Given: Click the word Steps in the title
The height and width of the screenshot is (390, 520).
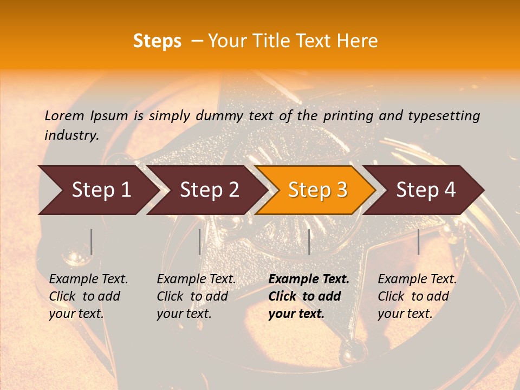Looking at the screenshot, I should pyautogui.click(x=157, y=41).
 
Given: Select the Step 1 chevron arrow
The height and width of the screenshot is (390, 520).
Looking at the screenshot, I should pyautogui.click(x=97, y=190).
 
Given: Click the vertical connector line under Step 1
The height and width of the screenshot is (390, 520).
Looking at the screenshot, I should pyautogui.click(x=92, y=242).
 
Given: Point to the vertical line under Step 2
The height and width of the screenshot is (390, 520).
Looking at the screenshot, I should pyautogui.click(x=200, y=242).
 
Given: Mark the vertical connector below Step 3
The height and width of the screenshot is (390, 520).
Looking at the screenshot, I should pyautogui.click(x=309, y=242).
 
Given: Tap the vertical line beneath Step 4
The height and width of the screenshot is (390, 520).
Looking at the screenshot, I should pyautogui.click(x=418, y=242).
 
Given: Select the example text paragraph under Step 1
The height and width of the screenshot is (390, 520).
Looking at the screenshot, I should pyautogui.click(x=88, y=296).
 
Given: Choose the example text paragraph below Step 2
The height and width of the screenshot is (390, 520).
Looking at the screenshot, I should pyautogui.click(x=196, y=296).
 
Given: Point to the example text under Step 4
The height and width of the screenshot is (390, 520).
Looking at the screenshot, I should pyautogui.click(x=417, y=296).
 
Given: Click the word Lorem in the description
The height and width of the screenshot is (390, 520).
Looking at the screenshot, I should pyautogui.click(x=64, y=115).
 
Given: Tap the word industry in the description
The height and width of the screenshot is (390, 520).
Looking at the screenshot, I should pyautogui.click(x=71, y=135).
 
